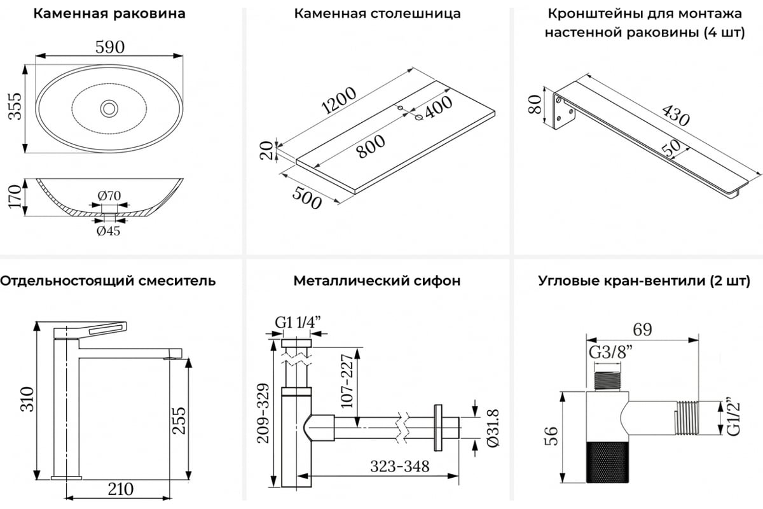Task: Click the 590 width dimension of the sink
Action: [x=109, y=47]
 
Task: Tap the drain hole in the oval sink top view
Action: [x=109, y=108]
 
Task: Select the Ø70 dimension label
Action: [x=109, y=195]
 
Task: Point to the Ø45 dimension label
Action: [x=108, y=231]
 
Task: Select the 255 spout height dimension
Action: [x=181, y=421]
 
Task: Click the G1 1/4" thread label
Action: [x=297, y=323]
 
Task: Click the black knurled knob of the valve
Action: [x=605, y=461]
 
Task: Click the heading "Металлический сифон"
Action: [x=377, y=281]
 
